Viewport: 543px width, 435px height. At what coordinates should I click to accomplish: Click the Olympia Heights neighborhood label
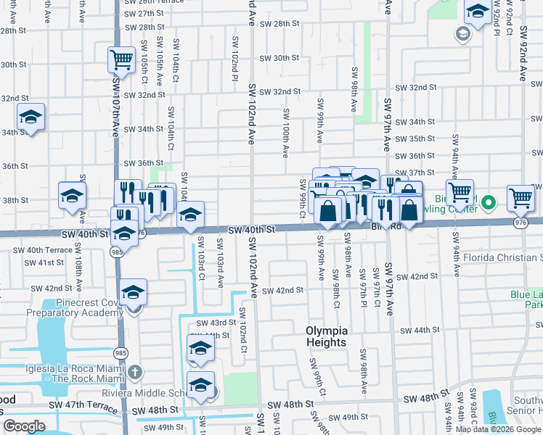(326, 336)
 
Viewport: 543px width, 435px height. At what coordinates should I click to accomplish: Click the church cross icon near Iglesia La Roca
(134, 373)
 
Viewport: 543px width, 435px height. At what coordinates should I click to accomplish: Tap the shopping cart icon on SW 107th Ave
(122, 59)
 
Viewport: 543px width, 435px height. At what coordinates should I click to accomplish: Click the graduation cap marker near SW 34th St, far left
(31, 117)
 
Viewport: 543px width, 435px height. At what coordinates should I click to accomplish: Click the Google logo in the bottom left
(24, 426)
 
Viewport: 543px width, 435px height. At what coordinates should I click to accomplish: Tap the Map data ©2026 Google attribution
(498, 429)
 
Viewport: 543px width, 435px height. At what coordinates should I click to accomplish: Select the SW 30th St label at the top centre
(279, 58)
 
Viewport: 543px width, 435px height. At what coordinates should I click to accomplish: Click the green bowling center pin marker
(489, 202)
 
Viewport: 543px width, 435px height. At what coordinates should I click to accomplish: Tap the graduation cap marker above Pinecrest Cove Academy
(134, 292)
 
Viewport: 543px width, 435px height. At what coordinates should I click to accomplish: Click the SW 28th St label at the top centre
(279, 24)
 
